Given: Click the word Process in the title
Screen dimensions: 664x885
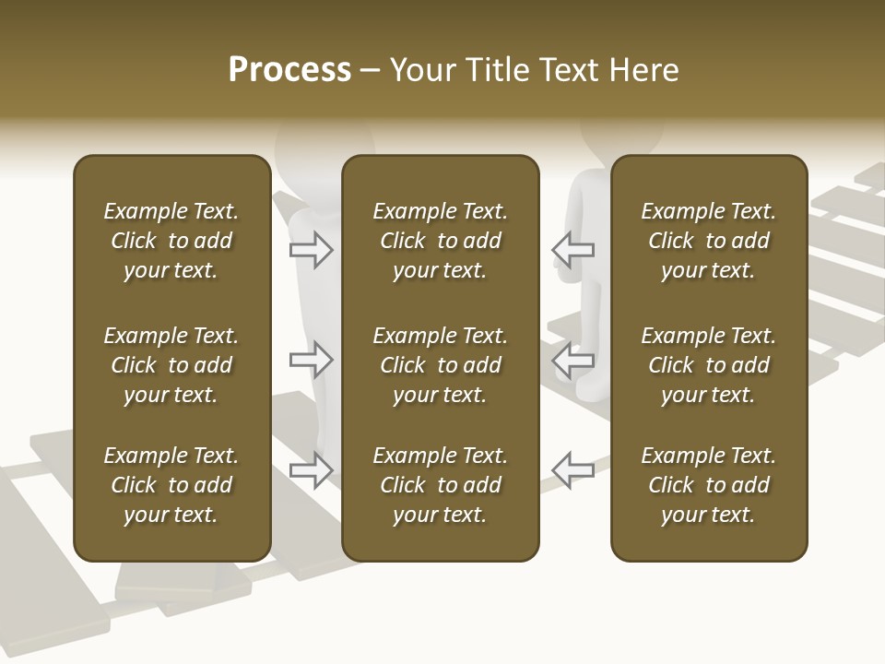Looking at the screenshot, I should point(289,70).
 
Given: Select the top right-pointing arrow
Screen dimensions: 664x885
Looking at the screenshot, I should point(312,249).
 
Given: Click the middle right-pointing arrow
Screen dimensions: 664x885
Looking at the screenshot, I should point(312,360).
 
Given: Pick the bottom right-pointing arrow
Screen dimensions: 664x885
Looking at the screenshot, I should point(312,469).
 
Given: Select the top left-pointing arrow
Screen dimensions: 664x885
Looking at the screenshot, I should point(572,249).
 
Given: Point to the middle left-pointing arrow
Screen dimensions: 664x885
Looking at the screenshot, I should point(572,360).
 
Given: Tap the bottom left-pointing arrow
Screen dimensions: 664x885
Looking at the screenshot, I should point(572,469).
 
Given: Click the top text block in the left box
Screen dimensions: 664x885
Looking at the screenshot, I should point(171,241).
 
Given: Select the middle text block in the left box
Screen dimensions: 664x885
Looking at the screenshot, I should point(171,365).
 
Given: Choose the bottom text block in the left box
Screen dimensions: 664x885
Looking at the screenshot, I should point(171,485).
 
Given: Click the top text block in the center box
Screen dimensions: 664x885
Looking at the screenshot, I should point(440,241).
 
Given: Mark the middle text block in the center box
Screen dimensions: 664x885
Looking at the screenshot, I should point(440,365).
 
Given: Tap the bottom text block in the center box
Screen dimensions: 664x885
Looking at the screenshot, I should point(440,485).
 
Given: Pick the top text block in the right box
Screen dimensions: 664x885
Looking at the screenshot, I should point(708,241).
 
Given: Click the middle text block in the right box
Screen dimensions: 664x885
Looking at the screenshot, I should point(708,365).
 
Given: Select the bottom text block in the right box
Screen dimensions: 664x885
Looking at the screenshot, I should point(708,485).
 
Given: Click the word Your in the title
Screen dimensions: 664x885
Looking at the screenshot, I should point(423,70).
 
